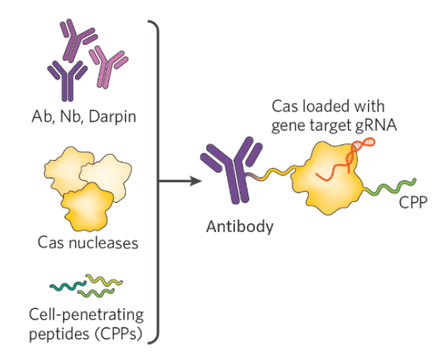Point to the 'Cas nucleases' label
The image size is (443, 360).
click(x=89, y=242)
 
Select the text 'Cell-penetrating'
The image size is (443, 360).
click(x=87, y=315)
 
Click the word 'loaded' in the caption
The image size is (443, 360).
click(x=328, y=107)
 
